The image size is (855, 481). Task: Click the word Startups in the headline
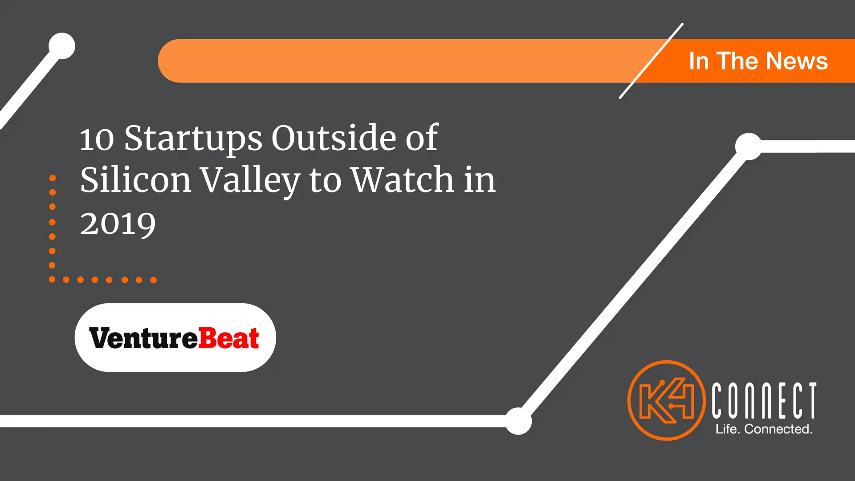(193, 139)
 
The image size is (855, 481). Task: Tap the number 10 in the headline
(97, 139)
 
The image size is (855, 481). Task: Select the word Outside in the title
(334, 138)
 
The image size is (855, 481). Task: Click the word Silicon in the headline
(136, 179)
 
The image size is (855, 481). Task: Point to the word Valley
(250, 181)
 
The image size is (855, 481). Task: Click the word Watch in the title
(403, 179)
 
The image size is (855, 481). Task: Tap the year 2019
(118, 224)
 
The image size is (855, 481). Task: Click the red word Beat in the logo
(228, 338)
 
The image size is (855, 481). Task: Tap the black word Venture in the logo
(143, 338)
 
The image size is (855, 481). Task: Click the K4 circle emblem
(667, 400)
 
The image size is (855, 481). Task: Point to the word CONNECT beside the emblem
(764, 400)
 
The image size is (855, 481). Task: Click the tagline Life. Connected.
(764, 429)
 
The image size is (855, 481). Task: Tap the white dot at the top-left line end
(62, 46)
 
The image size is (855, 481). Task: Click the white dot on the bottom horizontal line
(518, 421)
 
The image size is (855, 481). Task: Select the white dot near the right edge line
(749, 146)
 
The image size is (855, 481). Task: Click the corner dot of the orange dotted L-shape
(52, 280)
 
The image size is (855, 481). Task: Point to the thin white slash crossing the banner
(651, 61)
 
